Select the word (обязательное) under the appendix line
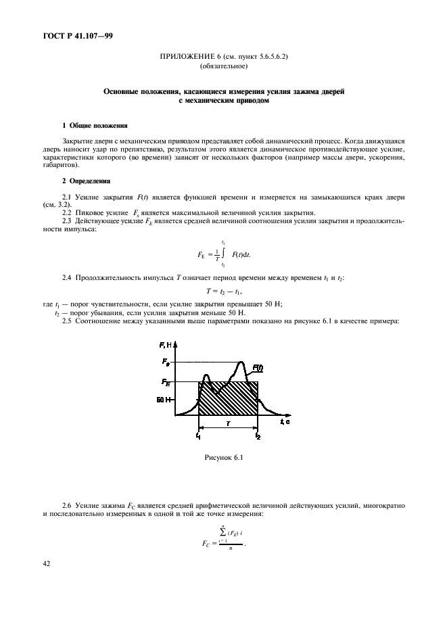pyautogui.click(x=223, y=68)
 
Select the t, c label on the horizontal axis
pyautogui.click(x=284, y=421)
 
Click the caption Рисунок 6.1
pyautogui.click(x=223, y=459)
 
